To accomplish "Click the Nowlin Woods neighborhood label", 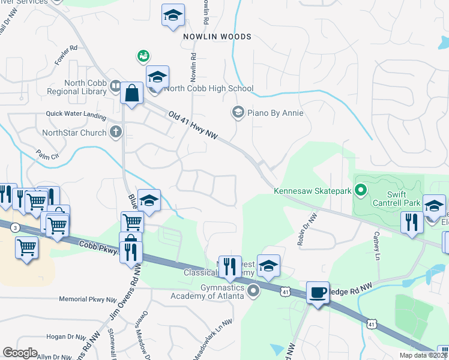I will click(217, 37).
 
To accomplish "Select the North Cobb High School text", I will click(208, 88).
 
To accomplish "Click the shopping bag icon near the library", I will click(131, 94).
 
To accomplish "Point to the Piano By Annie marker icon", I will click(238, 112).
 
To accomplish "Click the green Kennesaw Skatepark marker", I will click(361, 191).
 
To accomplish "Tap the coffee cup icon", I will click(318, 293).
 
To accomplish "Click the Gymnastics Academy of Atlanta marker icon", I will click(253, 292).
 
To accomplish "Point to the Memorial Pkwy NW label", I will click(88, 299).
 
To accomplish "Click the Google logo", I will click(20, 353).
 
